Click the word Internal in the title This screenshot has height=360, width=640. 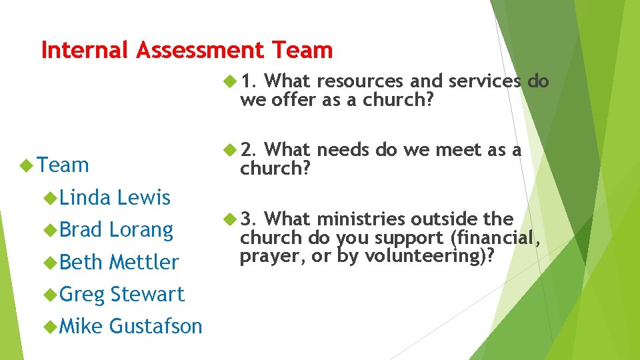click(86, 50)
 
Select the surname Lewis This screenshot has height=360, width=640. click(143, 197)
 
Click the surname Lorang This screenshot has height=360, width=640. click(141, 229)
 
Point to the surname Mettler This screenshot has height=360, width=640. click(144, 262)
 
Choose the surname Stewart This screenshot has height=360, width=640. click(147, 294)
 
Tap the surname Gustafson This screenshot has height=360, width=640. click(155, 326)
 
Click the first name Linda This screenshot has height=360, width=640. click(85, 197)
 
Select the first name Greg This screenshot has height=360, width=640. click(83, 294)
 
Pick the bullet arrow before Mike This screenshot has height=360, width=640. click(51, 326)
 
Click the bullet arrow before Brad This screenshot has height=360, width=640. click(51, 229)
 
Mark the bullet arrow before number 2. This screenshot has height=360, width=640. click(230, 150)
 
